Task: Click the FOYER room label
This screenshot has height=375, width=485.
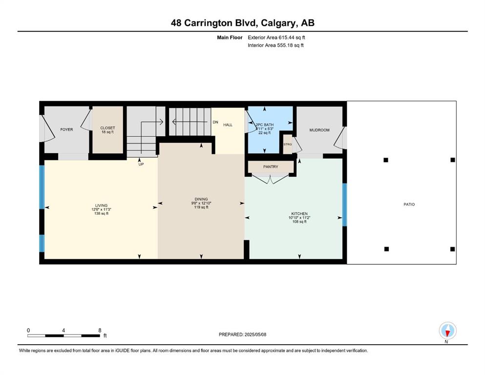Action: pyautogui.click(x=66, y=129)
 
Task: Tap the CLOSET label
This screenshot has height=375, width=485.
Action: pyautogui.click(x=107, y=127)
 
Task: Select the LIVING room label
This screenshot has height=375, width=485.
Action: pyautogui.click(x=102, y=205)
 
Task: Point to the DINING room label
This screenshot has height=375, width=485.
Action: pyautogui.click(x=201, y=199)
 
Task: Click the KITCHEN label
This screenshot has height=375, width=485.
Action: pyautogui.click(x=299, y=214)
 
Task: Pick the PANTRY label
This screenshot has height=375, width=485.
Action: pyautogui.click(x=271, y=167)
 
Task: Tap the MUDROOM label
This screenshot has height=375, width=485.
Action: pyautogui.click(x=319, y=130)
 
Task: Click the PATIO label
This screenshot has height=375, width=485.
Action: pyautogui.click(x=409, y=205)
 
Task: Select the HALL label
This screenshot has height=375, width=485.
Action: pyautogui.click(x=228, y=125)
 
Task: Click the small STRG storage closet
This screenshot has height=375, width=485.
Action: pyautogui.click(x=288, y=145)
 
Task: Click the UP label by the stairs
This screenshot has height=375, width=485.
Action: pyautogui.click(x=141, y=164)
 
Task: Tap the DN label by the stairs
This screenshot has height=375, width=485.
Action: pyautogui.click(x=215, y=122)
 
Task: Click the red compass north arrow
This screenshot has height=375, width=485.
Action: pyautogui.click(x=447, y=333)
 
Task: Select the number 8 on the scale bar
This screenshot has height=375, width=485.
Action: pyautogui.click(x=100, y=330)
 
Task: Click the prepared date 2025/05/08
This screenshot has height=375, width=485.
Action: pyautogui.click(x=255, y=334)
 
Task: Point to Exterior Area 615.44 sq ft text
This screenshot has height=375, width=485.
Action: pyautogui.click(x=276, y=38)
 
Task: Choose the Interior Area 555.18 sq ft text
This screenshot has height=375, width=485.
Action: pyautogui.click(x=275, y=45)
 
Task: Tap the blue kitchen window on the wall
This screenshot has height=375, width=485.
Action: pyautogui.click(x=344, y=205)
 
